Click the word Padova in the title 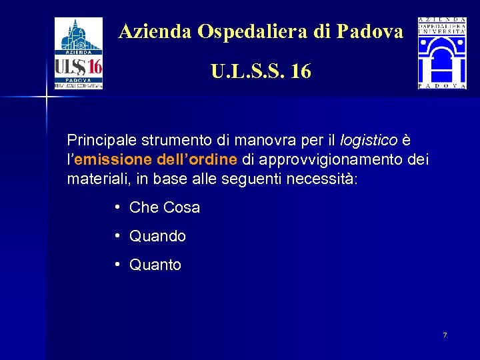[x=370, y=31]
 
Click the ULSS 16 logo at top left [x=79, y=53]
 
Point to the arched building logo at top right [x=442, y=53]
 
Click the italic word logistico [x=369, y=141]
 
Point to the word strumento [x=177, y=141]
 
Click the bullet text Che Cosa [x=165, y=208]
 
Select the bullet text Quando [x=158, y=237]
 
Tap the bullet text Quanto [x=155, y=265]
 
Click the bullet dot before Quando [x=117, y=236]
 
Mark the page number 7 [x=445, y=334]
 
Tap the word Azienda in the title [x=156, y=31]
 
